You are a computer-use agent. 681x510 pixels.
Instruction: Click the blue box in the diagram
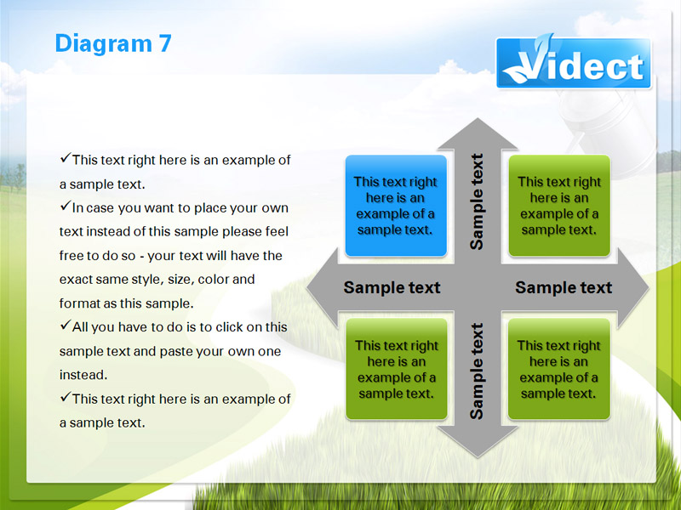[396, 206]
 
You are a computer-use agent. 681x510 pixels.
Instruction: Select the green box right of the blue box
[559, 206]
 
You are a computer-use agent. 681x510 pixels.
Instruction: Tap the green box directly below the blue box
[396, 369]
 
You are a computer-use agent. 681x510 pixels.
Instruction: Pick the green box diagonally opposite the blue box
[559, 369]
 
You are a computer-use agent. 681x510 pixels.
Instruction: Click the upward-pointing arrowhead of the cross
[478, 135]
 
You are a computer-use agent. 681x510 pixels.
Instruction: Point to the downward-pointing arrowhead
[478, 440]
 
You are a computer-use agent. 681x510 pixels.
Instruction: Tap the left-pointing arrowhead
[323, 287]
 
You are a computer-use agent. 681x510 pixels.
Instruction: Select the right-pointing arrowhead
[632, 287]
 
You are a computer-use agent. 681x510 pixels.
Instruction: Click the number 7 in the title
[165, 44]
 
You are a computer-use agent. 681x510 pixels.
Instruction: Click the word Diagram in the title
[104, 45]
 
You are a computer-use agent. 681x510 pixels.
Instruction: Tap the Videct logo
[573, 63]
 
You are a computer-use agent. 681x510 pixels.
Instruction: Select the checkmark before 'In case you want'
[66, 206]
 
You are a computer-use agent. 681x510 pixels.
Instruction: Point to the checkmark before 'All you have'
[66, 325]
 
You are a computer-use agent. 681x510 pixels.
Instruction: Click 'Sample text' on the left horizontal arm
[392, 287]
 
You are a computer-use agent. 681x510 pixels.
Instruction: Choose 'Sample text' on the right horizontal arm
[564, 287]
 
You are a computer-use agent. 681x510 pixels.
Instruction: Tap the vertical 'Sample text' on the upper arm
[477, 201]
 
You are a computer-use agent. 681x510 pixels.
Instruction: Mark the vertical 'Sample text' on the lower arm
[477, 371]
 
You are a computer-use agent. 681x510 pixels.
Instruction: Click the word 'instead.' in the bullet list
[83, 375]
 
